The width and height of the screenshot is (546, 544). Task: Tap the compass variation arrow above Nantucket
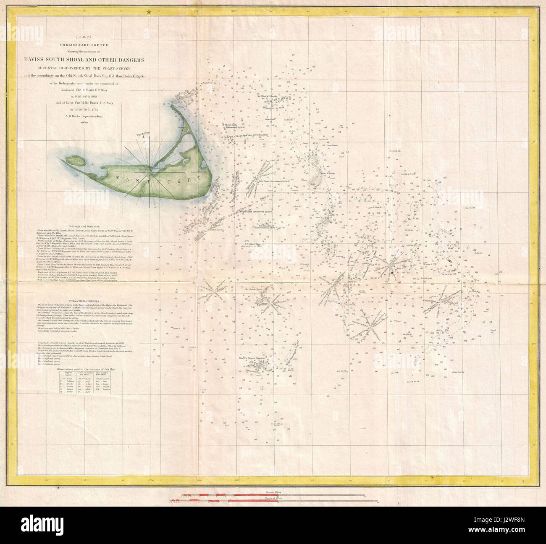(144, 143)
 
